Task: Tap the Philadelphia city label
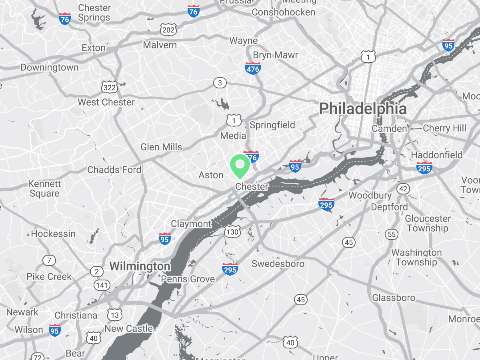363,109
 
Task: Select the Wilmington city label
140,266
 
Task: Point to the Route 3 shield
220,83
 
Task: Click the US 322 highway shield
110,87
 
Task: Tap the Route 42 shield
403,189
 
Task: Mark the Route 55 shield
392,234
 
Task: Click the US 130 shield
232,232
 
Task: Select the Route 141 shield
102,285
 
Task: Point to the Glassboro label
394,298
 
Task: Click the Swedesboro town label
278,264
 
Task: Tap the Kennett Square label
44,189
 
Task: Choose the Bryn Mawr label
276,55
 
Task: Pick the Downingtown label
50,67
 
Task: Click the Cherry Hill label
444,128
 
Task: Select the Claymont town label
191,224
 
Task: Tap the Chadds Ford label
114,170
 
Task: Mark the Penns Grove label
188,279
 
